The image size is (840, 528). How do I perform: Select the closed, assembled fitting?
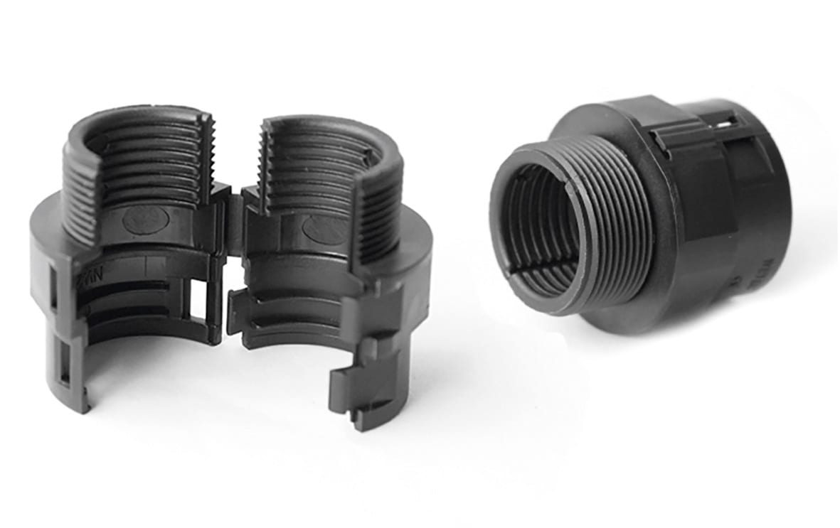point(640,213)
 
